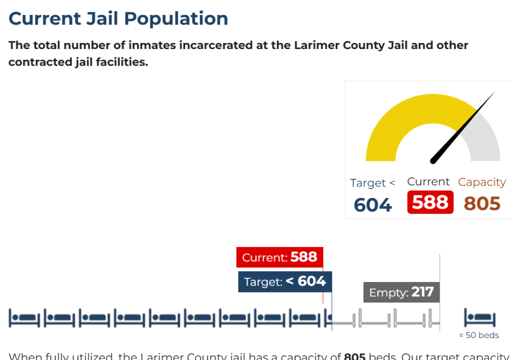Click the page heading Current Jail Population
tap(118, 19)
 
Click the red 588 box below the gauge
tap(430, 202)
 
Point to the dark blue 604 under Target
tap(372, 205)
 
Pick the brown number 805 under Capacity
tap(482, 203)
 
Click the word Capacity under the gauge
tap(482, 182)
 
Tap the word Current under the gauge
tap(428, 181)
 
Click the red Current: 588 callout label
tap(279, 257)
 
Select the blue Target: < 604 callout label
tap(284, 281)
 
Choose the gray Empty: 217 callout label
tap(401, 292)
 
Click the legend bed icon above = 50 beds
tap(479, 318)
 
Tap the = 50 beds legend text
tap(478, 335)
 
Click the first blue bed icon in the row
tap(24, 318)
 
